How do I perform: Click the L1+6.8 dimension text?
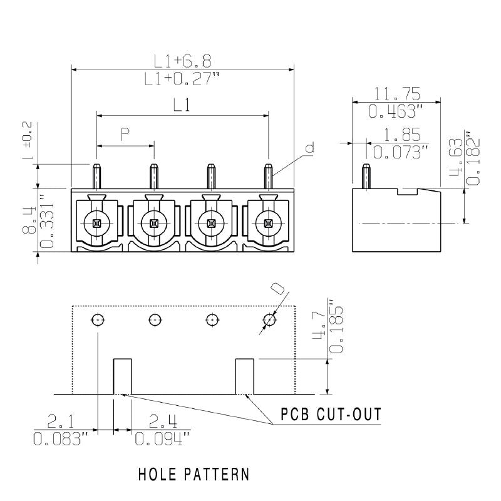[183, 60]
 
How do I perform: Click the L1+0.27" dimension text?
[183, 79]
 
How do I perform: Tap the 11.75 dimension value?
[397, 94]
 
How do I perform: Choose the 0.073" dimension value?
[398, 152]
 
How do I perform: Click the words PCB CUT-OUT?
[330, 415]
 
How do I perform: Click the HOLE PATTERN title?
[193, 474]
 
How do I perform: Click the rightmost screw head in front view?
[268, 222]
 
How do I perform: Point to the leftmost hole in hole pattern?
[98, 319]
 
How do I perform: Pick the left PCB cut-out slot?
[121, 376]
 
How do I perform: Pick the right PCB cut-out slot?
[244, 376]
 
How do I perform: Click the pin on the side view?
[366, 176]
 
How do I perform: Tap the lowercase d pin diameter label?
[309, 148]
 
